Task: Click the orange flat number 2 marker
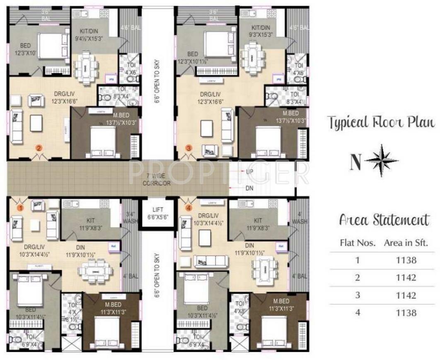(x=39, y=147)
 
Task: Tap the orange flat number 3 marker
(x=189, y=147)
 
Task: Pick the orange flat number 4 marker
(x=189, y=208)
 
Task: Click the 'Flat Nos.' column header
(x=358, y=243)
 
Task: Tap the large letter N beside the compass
(x=355, y=163)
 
